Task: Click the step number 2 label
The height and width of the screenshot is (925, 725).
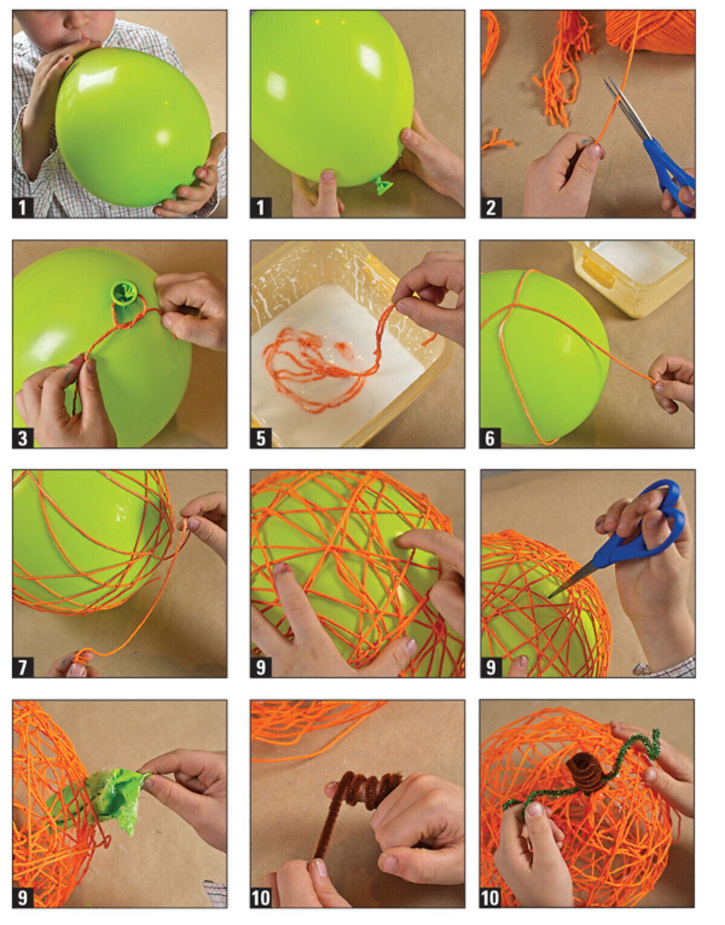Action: point(491,208)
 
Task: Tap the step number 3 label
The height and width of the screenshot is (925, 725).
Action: point(23,438)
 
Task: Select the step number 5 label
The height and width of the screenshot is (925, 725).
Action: point(260,438)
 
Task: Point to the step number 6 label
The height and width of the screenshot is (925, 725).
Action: point(490,438)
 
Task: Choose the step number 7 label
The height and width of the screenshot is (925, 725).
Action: point(23,667)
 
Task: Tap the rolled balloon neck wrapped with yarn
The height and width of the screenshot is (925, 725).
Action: point(124,292)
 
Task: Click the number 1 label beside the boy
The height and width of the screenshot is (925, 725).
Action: point(23,208)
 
